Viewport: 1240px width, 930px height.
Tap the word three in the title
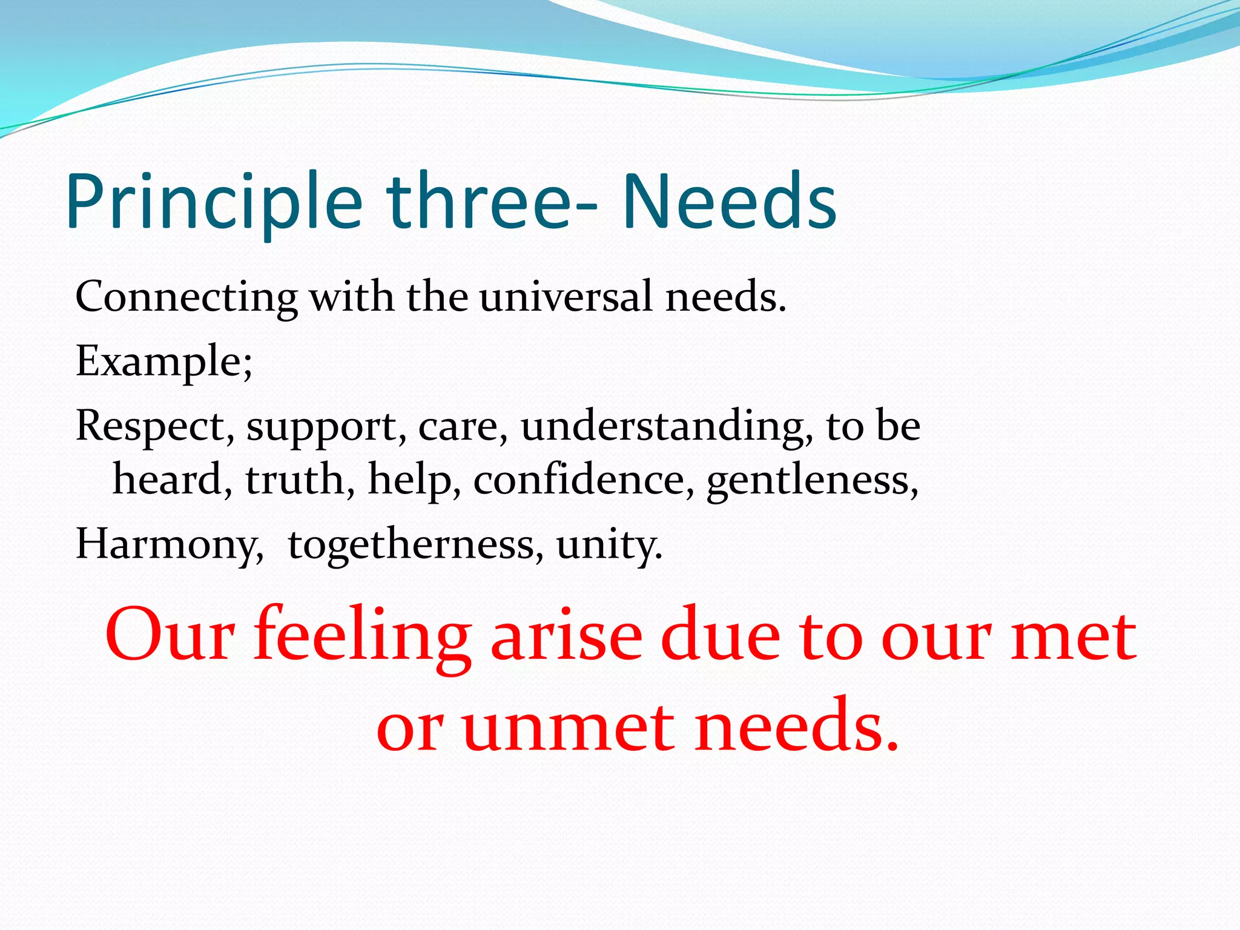(478, 202)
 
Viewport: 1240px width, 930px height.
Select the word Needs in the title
(730, 202)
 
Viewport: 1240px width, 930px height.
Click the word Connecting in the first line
(186, 298)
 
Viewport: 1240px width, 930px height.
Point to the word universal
(567, 298)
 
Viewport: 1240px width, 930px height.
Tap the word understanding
(662, 426)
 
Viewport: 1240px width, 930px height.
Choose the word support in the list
(321, 427)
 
